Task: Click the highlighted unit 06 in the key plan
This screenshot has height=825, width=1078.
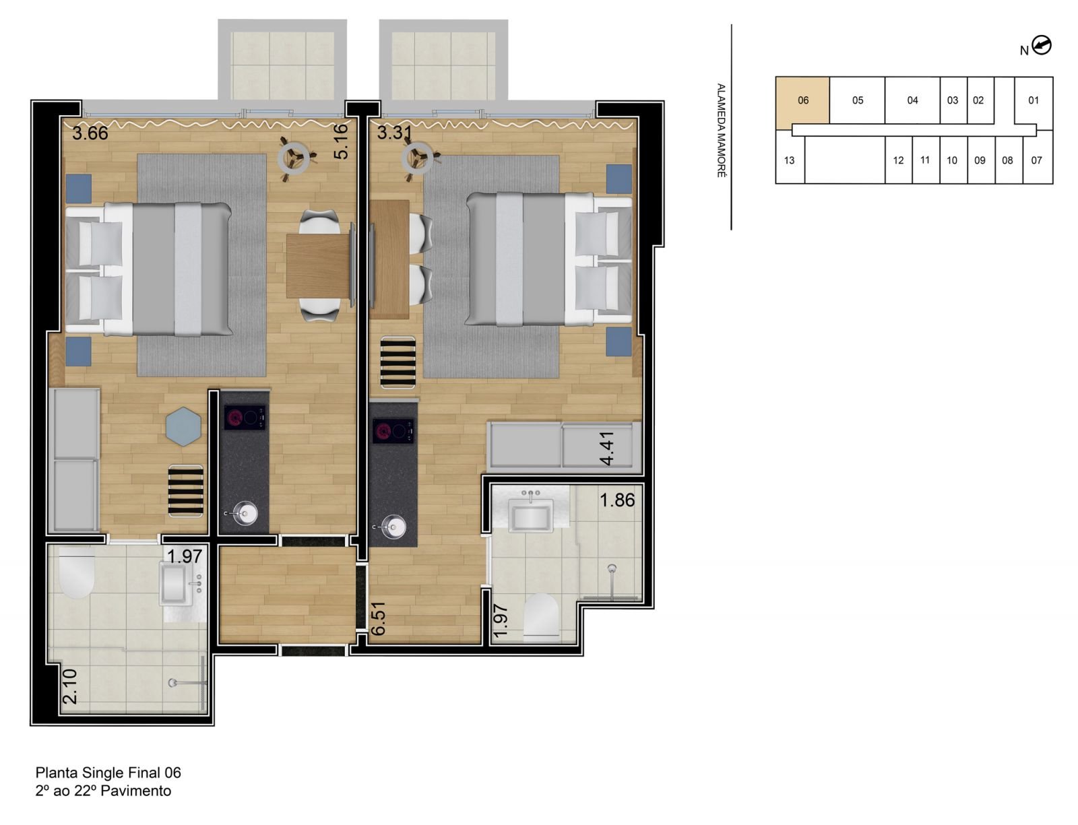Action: point(802,100)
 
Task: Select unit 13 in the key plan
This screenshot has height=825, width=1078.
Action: point(790,160)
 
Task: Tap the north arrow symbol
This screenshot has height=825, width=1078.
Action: point(1042,46)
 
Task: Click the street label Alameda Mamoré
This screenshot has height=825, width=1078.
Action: point(721,131)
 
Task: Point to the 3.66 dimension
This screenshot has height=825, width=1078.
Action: point(90,133)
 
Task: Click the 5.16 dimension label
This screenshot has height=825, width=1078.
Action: point(341,141)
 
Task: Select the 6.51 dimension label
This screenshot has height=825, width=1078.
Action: point(379,618)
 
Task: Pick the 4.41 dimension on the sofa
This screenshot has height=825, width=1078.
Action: point(606,449)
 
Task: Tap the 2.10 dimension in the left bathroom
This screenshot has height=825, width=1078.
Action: point(70,686)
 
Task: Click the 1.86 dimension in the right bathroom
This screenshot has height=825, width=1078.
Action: point(617,500)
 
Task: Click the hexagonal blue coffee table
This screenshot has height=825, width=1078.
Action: point(184,426)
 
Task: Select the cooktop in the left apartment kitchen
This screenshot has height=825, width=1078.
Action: point(245,418)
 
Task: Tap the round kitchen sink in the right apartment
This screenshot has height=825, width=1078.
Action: point(393,527)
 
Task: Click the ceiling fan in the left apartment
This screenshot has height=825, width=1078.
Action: point(294,159)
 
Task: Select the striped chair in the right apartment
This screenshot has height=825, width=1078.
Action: point(398,362)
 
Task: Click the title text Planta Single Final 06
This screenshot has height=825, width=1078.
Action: point(108,772)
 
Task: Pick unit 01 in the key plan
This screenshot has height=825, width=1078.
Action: point(1034,100)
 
